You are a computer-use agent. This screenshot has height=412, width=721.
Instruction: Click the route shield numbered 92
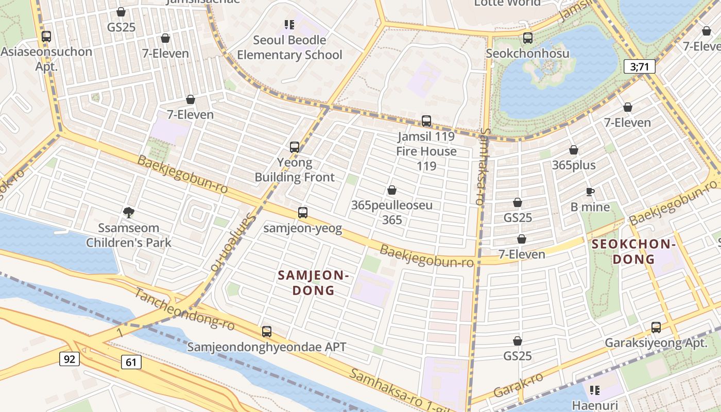tap(70, 359)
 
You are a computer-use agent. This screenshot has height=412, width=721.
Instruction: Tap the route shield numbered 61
tap(131, 362)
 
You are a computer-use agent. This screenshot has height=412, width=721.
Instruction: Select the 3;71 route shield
tap(639, 66)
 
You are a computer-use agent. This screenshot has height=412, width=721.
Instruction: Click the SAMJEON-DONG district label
tap(314, 283)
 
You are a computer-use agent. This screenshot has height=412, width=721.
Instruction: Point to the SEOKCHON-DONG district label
tap(633, 251)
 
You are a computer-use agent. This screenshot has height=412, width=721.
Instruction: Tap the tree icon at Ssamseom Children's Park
tap(129, 212)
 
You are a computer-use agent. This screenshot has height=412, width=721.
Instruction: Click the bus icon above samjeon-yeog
tap(303, 212)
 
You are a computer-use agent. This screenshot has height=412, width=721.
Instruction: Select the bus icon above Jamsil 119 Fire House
tap(426, 121)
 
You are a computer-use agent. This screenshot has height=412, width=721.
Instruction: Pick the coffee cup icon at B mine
tap(590, 192)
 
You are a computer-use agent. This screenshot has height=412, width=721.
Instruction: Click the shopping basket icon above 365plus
tap(574, 150)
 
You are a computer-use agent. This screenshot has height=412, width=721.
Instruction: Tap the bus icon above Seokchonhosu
tap(528, 38)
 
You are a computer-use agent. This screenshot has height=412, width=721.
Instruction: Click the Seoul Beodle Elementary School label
tap(289, 47)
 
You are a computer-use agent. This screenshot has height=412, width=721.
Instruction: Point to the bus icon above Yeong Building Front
tap(295, 147)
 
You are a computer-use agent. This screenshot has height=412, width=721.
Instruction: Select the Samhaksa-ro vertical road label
tap(480, 167)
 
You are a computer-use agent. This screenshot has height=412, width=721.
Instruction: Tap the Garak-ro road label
tap(518, 385)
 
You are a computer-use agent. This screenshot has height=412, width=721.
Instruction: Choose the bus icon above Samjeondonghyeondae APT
tap(267, 332)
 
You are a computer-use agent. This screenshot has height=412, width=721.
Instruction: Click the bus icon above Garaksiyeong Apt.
tap(656, 327)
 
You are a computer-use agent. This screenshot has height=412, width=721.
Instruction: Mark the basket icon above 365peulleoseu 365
tap(392, 190)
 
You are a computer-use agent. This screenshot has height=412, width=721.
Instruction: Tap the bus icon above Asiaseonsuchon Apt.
tap(46, 37)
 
